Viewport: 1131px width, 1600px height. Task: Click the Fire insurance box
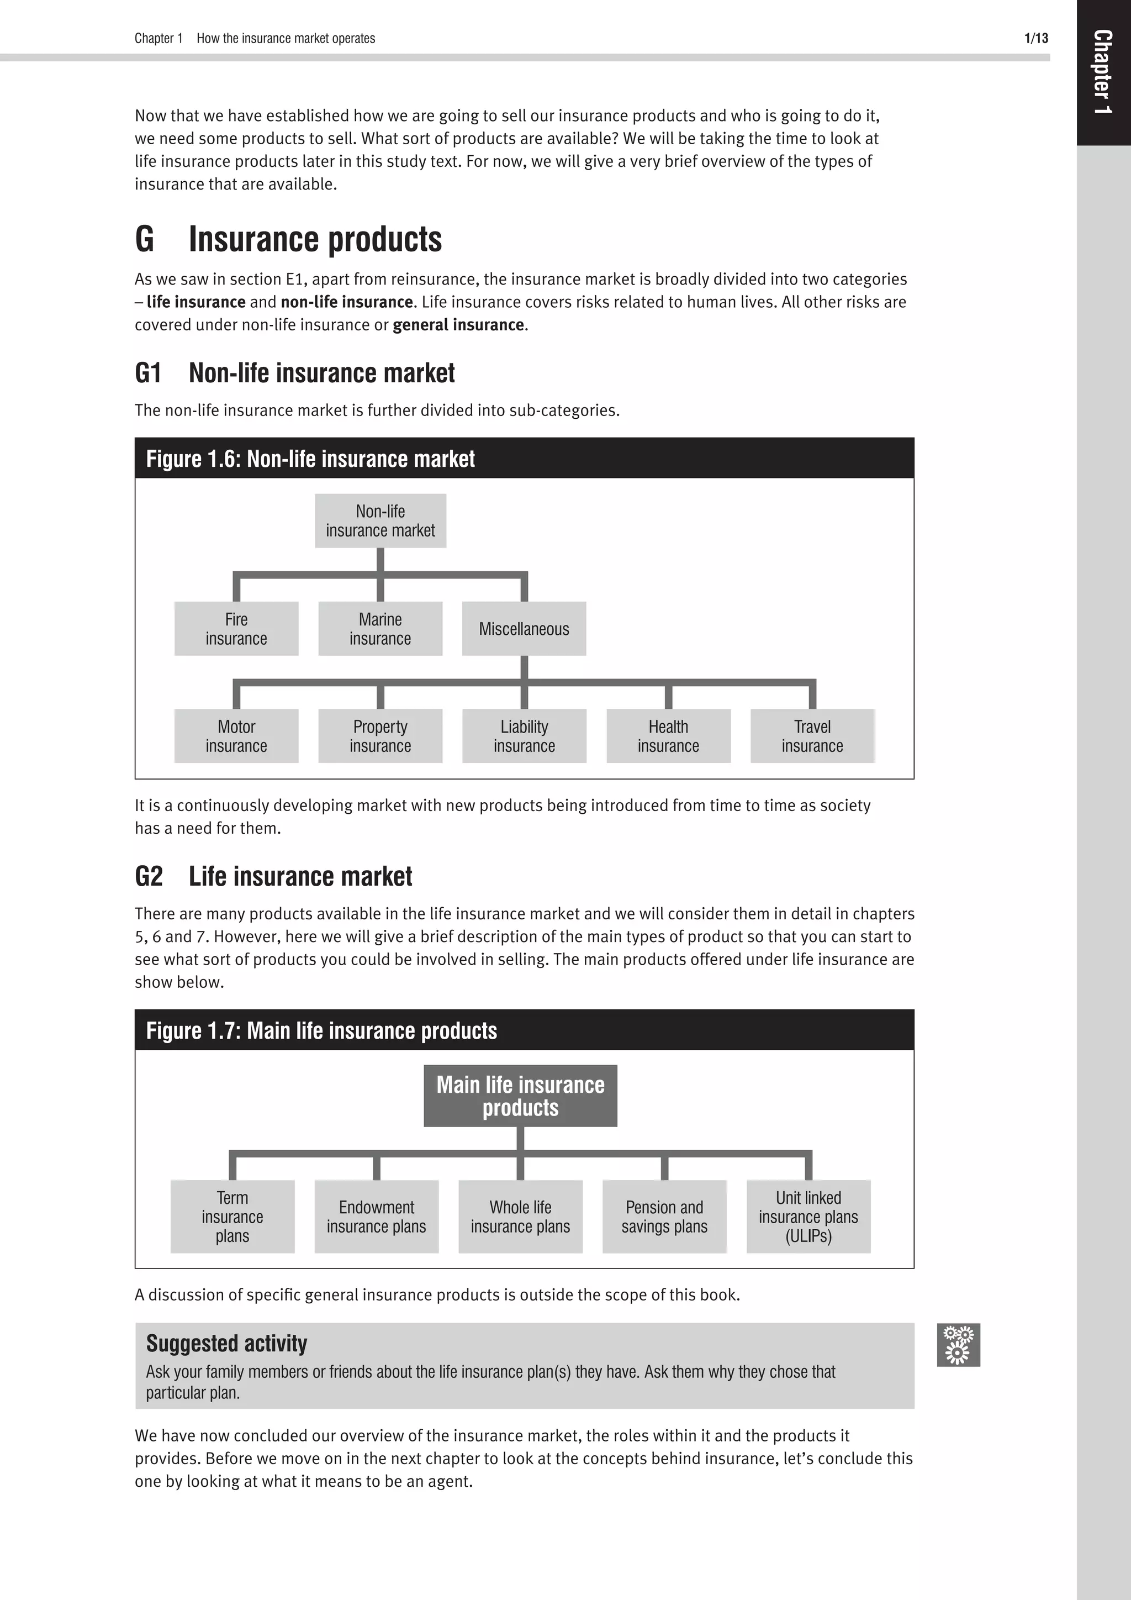(236, 629)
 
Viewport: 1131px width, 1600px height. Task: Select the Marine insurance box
(380, 629)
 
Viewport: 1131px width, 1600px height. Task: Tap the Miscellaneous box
(524, 629)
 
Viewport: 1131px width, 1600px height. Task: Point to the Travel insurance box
(812, 736)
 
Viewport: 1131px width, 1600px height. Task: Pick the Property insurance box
(380, 736)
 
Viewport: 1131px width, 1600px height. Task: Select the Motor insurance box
(236, 736)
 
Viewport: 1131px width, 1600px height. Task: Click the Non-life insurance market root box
(380, 520)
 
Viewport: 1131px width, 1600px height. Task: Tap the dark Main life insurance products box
(520, 1096)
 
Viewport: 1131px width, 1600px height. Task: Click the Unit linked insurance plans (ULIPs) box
(808, 1216)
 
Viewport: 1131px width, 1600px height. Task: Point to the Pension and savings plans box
(664, 1216)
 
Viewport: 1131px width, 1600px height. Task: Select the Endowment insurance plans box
(376, 1216)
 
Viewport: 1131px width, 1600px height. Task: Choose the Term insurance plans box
(232, 1216)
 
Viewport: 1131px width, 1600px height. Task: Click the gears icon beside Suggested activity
(958, 1344)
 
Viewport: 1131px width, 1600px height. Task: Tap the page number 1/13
(1035, 38)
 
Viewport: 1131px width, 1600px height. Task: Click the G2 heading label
(149, 876)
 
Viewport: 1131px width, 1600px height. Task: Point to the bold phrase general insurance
(458, 325)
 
